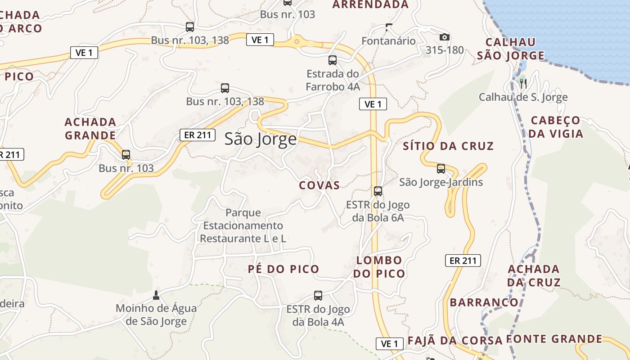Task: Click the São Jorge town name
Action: click(x=261, y=139)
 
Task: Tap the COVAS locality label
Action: click(x=319, y=185)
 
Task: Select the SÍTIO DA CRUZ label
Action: click(x=448, y=146)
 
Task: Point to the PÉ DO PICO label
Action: click(x=283, y=269)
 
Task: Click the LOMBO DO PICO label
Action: click(x=379, y=266)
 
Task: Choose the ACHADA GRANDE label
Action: click(x=90, y=128)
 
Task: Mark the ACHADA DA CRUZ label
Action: click(x=534, y=275)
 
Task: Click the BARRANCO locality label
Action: click(x=484, y=302)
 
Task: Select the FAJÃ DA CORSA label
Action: click(x=454, y=340)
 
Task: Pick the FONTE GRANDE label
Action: click(x=554, y=339)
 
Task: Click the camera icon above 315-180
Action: click(x=445, y=37)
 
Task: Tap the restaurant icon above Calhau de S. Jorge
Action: click(x=523, y=83)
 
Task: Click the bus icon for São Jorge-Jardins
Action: click(x=441, y=169)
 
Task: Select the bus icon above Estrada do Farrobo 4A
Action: click(x=333, y=60)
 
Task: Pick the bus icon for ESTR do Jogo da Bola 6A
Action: click(x=378, y=191)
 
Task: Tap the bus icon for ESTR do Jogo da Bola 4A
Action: click(x=318, y=296)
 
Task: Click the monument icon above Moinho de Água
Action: click(x=156, y=295)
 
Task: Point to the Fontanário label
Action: click(x=389, y=41)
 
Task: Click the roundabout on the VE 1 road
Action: click(x=297, y=42)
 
